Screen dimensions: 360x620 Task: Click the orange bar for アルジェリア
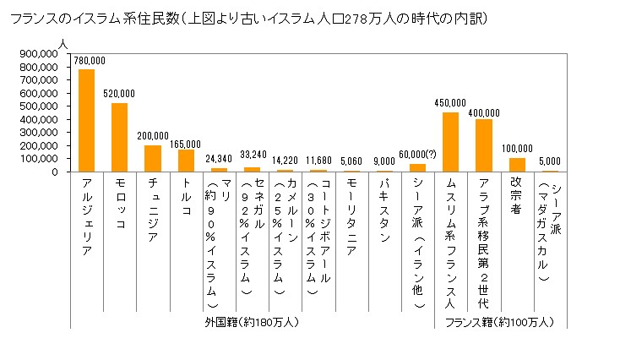(x=86, y=120)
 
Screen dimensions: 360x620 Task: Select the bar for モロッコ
(x=119, y=137)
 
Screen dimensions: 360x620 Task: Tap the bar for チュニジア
(x=152, y=158)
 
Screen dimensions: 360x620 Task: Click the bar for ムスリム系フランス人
(x=450, y=142)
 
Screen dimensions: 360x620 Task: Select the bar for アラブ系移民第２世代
(x=483, y=145)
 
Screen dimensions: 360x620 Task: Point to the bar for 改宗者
(x=517, y=165)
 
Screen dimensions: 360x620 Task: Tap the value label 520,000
(x=120, y=95)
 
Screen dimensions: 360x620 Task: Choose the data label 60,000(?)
(x=416, y=154)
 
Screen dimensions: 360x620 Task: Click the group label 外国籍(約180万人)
(x=252, y=322)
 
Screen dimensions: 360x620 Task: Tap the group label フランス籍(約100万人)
(x=499, y=322)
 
